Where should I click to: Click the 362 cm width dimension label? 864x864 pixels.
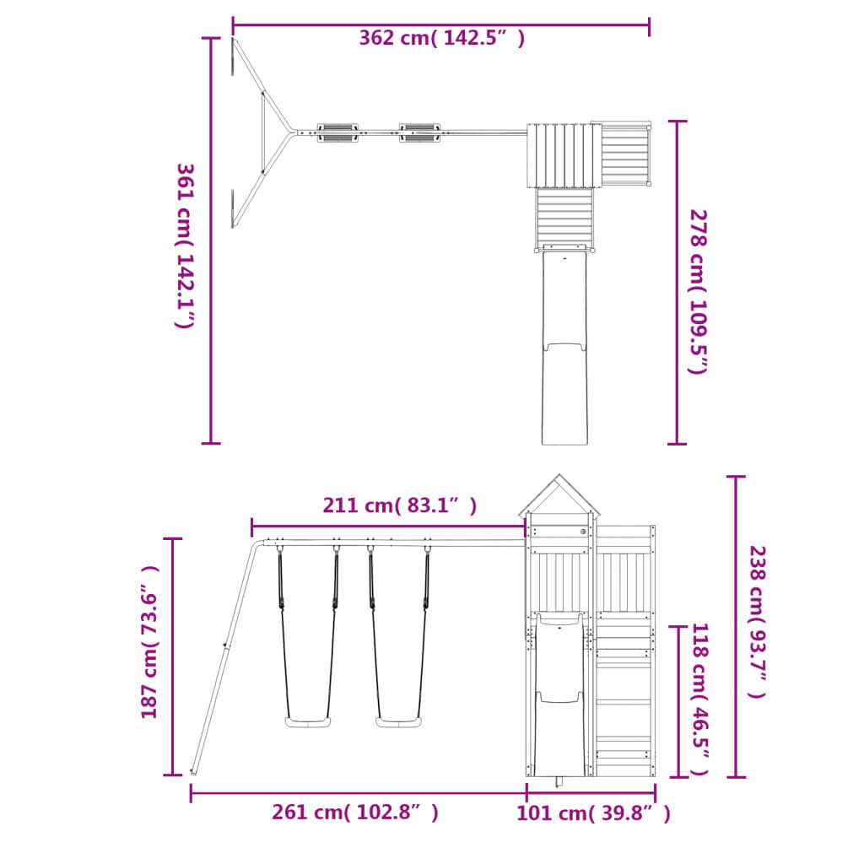(442, 38)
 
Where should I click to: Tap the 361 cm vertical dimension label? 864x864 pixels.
(185, 246)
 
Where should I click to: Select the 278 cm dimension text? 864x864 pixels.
(699, 291)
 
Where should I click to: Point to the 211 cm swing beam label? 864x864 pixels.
(399, 505)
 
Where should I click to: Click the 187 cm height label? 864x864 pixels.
(149, 642)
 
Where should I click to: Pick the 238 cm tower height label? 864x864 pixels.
(757, 622)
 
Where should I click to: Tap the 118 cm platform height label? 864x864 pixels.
(699, 699)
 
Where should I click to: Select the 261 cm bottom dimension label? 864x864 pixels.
(355, 813)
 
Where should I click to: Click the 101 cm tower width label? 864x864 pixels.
(593, 813)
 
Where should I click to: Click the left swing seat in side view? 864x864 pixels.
(307, 722)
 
